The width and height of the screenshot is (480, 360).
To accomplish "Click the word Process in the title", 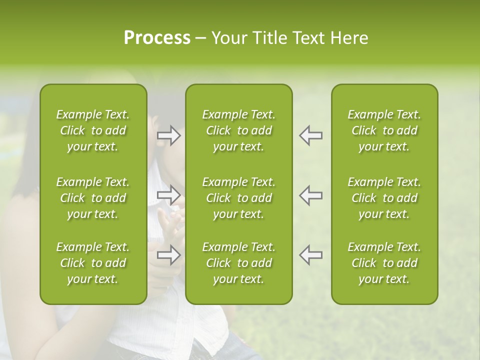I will click(157, 38).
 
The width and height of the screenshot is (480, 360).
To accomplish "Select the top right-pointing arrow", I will click(169, 135).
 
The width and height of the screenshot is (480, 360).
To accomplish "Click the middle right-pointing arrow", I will click(169, 195).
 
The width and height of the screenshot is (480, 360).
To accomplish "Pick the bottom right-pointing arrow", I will click(169, 255).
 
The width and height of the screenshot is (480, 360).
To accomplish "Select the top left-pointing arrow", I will click(311, 135).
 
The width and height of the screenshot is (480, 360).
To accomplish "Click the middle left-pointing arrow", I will click(311, 195).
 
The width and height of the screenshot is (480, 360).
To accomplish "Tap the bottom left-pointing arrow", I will click(311, 255).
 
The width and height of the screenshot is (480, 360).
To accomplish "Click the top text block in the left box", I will click(93, 130).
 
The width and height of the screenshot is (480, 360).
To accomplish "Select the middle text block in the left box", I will click(93, 198).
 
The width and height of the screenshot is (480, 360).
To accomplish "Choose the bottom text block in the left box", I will click(93, 263).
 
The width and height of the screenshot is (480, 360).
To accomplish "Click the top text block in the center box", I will click(239, 130).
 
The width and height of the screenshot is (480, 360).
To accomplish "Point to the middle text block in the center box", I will click(239, 198).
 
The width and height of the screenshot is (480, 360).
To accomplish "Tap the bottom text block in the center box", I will click(239, 263).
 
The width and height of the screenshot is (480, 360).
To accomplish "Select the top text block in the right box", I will click(384, 130).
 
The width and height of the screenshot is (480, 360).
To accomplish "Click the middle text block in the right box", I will click(384, 198).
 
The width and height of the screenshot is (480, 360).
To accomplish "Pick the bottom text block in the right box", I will click(384, 263).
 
